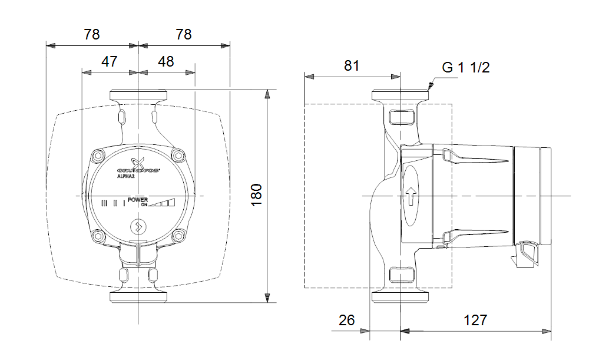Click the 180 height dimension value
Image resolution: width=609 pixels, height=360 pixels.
coord(257,194)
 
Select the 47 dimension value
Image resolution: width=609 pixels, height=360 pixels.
coord(110,61)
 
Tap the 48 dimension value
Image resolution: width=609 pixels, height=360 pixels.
coord(166,61)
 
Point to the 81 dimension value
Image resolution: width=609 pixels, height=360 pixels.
coord(352,65)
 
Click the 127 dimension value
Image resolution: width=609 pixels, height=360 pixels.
coord(475,320)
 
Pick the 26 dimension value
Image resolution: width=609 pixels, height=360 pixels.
coord(347,320)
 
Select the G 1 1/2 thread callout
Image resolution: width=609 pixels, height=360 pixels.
coord(466,67)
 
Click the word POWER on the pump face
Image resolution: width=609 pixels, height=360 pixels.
coord(138,200)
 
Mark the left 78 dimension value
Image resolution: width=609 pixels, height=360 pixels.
coord(92,34)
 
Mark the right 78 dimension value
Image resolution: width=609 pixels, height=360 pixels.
coord(184,34)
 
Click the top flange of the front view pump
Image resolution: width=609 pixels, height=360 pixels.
coord(138,95)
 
